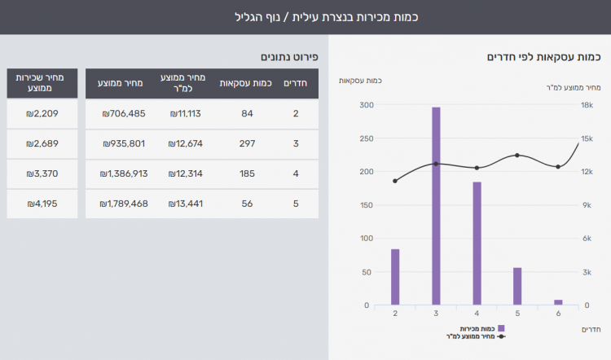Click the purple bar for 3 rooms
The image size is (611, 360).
coord(436,206)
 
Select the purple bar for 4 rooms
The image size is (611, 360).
coord(477,244)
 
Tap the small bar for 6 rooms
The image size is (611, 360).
coord(558,302)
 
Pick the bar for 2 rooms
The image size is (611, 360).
coord(395,277)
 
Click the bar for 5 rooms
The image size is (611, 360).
coord(517,286)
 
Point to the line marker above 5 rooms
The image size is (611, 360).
coord(517,156)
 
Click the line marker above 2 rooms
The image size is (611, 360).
coord(395,181)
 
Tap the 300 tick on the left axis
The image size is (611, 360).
coord(366,105)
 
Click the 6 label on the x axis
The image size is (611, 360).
coord(558,314)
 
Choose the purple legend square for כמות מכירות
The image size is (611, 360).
coord(501,328)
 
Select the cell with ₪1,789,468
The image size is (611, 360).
coord(125,204)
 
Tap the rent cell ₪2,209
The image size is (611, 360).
coord(42,113)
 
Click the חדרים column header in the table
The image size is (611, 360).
coord(295,83)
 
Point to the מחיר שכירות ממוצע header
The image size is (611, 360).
coord(42,83)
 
